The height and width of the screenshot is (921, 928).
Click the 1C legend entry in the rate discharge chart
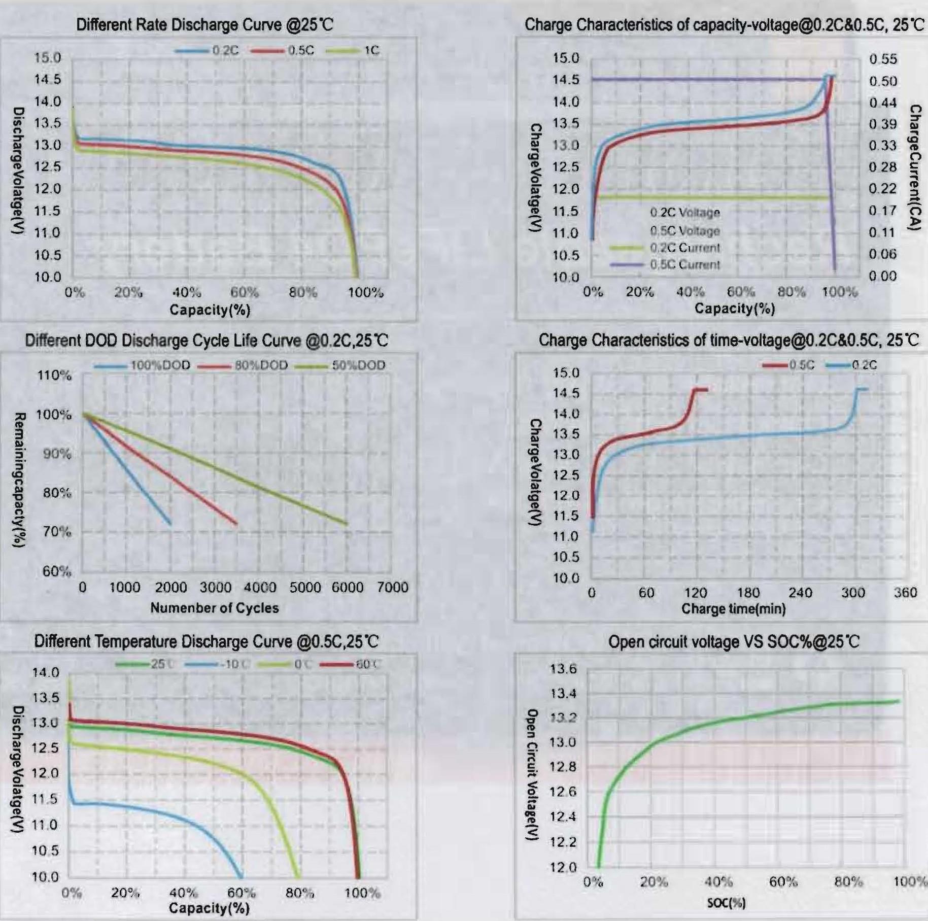pyautogui.click(x=371, y=50)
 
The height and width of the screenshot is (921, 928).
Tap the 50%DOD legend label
pyautogui.click(x=358, y=365)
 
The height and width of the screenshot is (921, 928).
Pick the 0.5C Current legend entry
pyautogui.click(x=684, y=265)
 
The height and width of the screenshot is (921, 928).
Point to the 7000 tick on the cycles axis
pyautogui.click(x=392, y=588)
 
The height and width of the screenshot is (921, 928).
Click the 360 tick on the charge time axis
pyautogui.click(x=905, y=593)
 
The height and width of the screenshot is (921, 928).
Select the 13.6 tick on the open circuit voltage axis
pyautogui.click(x=563, y=669)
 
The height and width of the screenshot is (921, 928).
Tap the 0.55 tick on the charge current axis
pyautogui.click(x=883, y=59)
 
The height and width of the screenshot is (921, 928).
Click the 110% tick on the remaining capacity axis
pyautogui.click(x=53, y=376)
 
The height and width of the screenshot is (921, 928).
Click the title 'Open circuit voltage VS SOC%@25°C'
pyautogui.click(x=734, y=642)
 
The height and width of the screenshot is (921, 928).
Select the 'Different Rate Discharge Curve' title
pyautogui.click(x=204, y=24)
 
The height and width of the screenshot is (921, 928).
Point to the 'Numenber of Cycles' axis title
pyautogui.click(x=215, y=608)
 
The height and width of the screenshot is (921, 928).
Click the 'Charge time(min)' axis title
pyautogui.click(x=733, y=608)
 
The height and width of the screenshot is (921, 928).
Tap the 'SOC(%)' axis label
pyautogui.click(x=727, y=903)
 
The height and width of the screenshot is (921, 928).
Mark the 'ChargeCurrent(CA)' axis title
pyautogui.click(x=915, y=167)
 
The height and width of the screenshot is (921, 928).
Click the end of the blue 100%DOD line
pyautogui.click(x=170, y=524)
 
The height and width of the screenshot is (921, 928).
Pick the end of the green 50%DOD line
pyautogui.click(x=348, y=524)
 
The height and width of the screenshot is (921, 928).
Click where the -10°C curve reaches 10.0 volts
pyautogui.click(x=240, y=876)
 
